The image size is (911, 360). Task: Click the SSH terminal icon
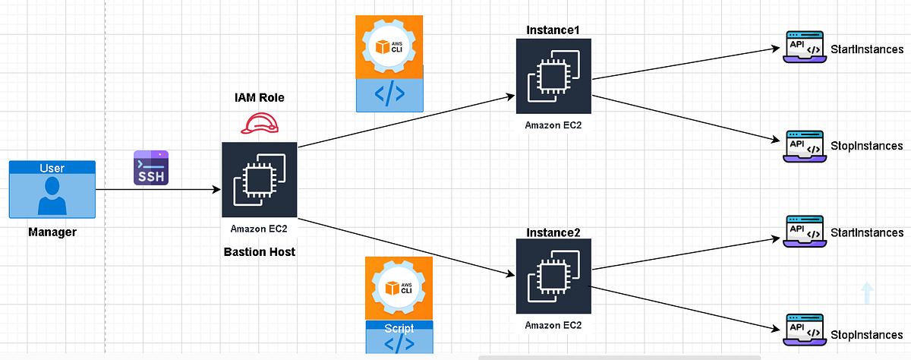pos(150,167)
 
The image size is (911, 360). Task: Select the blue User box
pos(52,191)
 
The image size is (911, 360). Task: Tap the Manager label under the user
pos(52,232)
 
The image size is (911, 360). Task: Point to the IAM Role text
pos(260,99)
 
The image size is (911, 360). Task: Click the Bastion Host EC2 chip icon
pos(260,179)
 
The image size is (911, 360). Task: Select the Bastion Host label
pos(260,251)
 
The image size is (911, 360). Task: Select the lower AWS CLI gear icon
pos(399,289)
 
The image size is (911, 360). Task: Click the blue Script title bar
pos(399,329)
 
